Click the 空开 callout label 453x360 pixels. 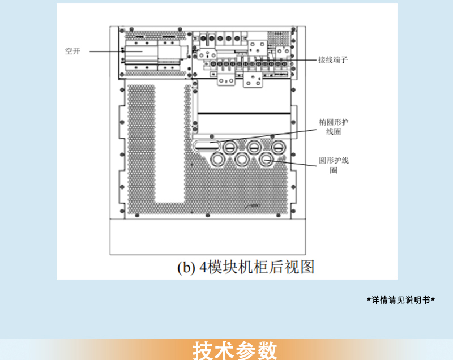coord(72,52)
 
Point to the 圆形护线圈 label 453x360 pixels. coord(334,165)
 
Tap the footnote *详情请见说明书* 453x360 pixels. coord(401,300)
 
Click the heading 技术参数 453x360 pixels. coord(235,350)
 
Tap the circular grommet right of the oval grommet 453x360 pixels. coord(230,147)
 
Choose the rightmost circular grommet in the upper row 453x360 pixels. coord(278,147)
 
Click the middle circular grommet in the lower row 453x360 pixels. coord(242,161)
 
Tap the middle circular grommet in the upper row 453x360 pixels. coord(254,147)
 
